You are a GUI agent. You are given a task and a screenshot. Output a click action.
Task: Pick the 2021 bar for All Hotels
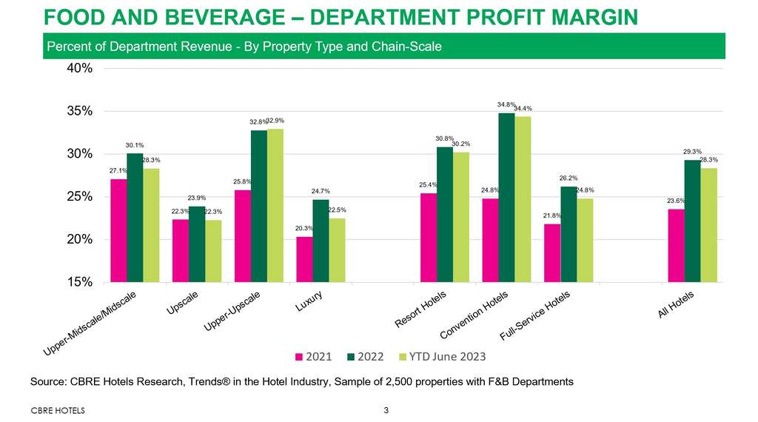(x=676, y=245)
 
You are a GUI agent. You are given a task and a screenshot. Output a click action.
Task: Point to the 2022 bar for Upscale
(x=197, y=244)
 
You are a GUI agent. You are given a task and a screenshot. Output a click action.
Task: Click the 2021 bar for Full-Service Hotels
(x=552, y=252)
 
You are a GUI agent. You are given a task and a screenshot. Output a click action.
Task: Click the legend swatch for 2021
(x=300, y=357)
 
